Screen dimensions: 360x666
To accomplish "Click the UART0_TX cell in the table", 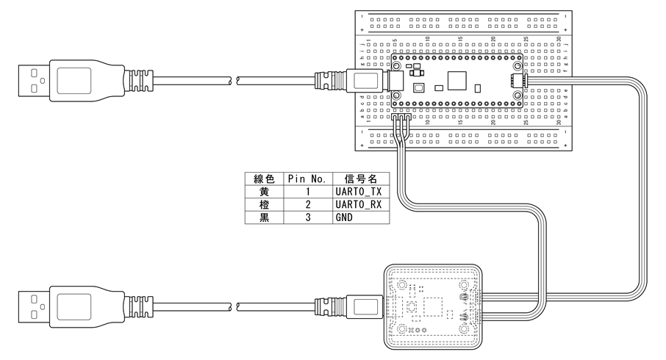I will tap(357, 191).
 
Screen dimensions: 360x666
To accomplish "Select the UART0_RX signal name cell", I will tap(357, 204).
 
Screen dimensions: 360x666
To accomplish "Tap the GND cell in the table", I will tap(357, 218).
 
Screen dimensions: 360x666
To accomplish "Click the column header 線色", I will tap(264, 179).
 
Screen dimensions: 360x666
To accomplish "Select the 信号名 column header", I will tap(357, 179).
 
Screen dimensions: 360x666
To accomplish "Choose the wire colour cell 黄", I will tap(264, 191).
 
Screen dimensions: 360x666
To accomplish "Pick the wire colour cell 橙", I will tap(264, 204).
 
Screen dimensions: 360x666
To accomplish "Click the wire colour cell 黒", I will tap(264, 218).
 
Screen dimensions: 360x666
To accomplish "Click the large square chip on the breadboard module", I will tap(456, 79).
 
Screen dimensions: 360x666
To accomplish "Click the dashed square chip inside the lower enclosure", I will tap(432, 305).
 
